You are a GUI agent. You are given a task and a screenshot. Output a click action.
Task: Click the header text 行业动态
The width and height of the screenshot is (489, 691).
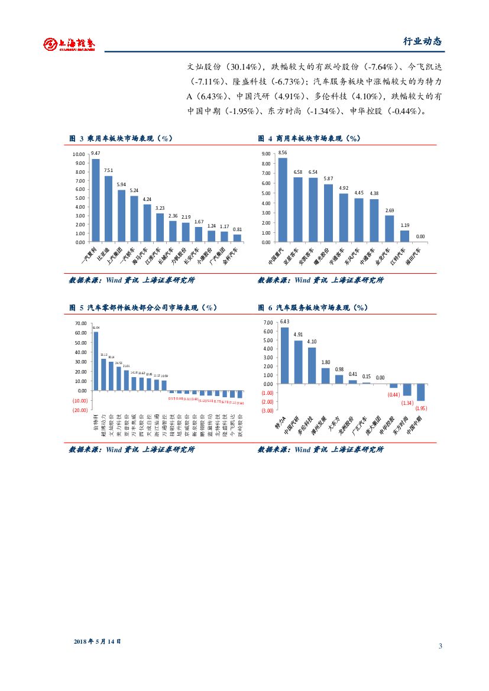coord(422,41)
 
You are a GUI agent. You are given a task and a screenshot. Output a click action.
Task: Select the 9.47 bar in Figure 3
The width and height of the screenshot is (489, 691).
coord(96,200)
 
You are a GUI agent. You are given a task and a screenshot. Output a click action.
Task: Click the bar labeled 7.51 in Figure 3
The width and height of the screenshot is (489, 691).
coord(108,209)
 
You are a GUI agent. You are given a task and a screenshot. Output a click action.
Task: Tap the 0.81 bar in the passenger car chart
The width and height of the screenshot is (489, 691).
coord(237,238)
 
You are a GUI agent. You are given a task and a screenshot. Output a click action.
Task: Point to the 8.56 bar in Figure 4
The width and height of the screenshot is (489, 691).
coord(283,200)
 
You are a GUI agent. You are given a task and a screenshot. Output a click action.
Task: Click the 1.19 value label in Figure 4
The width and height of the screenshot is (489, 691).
coord(404,225)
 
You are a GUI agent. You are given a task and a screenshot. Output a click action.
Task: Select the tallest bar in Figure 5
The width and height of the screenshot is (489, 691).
coord(96,361)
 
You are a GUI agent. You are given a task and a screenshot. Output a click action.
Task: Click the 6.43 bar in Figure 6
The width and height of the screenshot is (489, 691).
coord(284,355)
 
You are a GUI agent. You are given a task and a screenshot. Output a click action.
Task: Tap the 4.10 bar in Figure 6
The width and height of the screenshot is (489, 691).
coord(312,365)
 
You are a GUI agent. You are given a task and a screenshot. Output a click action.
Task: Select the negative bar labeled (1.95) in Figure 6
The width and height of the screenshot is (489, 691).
coord(421,392)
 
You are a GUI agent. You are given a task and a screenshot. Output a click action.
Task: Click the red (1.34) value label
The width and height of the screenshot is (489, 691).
coord(407,403)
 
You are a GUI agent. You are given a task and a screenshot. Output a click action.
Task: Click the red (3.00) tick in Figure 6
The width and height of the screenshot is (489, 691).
coord(267,410)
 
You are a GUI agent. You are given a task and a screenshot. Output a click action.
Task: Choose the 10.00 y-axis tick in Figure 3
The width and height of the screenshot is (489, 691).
coord(78,154)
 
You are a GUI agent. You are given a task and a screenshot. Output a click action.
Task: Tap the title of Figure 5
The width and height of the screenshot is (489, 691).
coord(144,308)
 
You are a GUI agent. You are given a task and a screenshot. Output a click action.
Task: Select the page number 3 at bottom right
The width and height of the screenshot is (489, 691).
coord(440,645)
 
